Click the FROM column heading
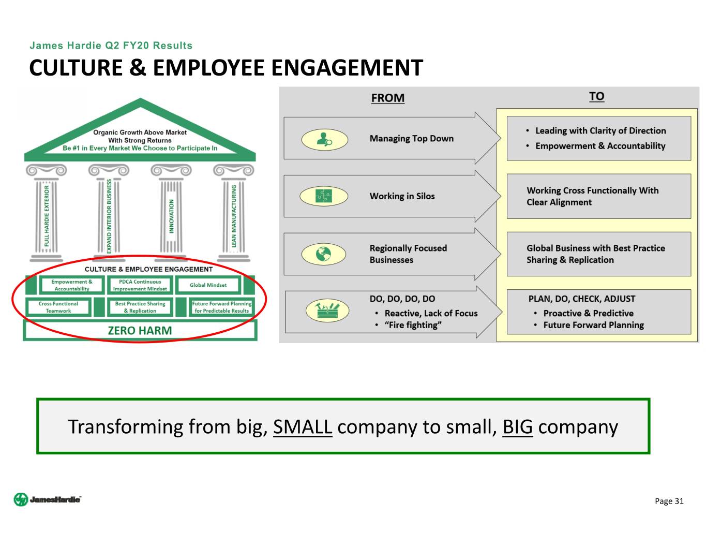[387, 98]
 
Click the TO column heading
[596, 96]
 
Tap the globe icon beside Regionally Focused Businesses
[324, 254]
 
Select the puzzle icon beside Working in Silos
[324, 196]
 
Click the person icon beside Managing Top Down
[324, 139]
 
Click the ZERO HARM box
[140, 331]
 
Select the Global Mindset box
[208, 285]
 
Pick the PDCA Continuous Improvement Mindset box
[140, 285]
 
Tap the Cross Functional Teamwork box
[58, 307]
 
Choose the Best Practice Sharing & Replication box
[140, 307]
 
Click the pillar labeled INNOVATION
[171, 216]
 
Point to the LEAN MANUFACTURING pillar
[234, 216]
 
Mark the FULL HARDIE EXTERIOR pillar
[47, 216]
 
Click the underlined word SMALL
[303, 427]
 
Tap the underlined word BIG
[517, 427]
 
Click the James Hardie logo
[47, 499]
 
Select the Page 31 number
[669, 501]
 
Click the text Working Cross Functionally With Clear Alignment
[592, 197]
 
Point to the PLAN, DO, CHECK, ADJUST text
[581, 299]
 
